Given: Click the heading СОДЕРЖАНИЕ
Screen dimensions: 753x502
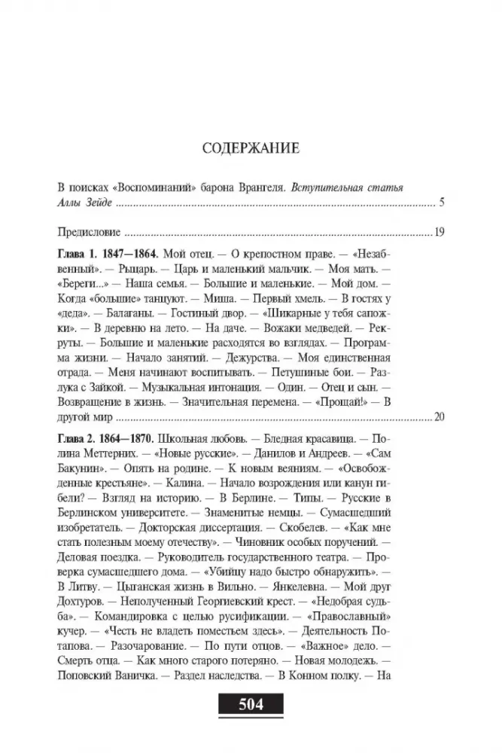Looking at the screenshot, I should (251, 148).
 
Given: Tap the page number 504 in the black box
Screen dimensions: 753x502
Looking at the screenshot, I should (251, 706).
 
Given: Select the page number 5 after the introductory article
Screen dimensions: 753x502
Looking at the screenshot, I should (442, 203).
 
